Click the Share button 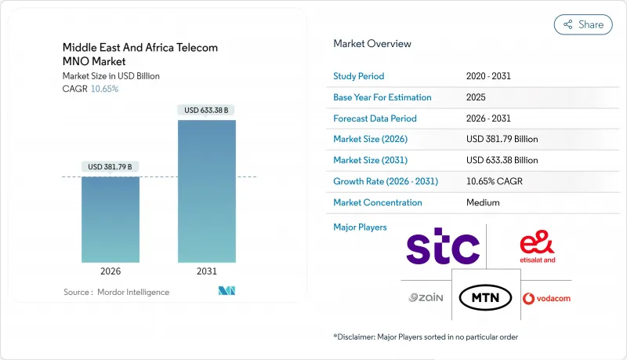coord(583,24)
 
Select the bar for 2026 coord(111,219)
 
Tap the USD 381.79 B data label coord(111,167)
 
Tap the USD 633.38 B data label coord(207,111)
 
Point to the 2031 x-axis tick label coord(207,271)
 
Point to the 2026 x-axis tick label coord(111,271)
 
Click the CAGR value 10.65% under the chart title coord(104,89)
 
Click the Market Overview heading coord(372,44)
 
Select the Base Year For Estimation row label coord(383,97)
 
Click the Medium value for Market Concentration coord(483,202)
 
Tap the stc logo coord(443,249)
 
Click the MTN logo coord(486,297)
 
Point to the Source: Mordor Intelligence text coord(116,292)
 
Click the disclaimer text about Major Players coord(426,336)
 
